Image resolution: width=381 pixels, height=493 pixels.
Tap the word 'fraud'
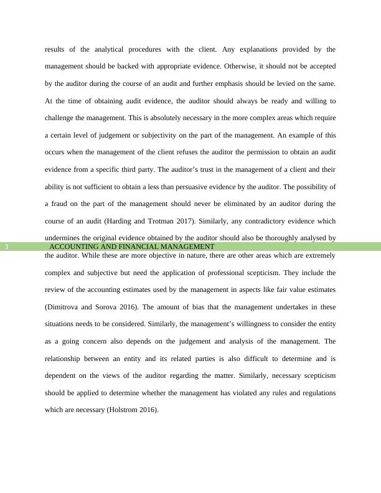62,204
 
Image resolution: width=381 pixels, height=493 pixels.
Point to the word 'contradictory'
273,221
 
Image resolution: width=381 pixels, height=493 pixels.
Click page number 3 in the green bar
6,247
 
